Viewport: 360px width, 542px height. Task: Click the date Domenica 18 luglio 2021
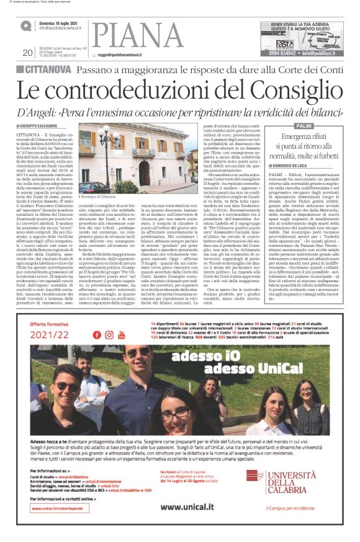pyautogui.click(x=60, y=22)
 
